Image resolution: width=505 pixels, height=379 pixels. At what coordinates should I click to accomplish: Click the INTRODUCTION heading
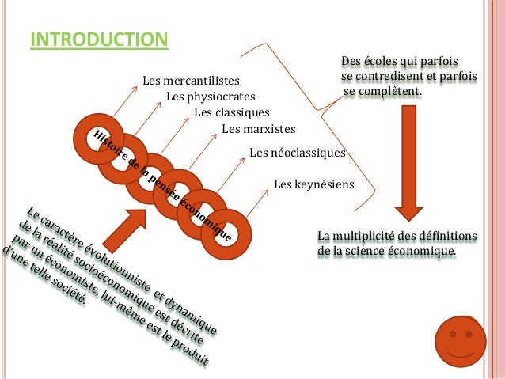point(99,39)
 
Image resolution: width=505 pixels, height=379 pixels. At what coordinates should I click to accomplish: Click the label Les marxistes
point(259,128)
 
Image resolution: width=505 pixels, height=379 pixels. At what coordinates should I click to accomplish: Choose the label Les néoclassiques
point(298,151)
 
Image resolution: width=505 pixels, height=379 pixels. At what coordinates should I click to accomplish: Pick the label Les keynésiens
point(313,184)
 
